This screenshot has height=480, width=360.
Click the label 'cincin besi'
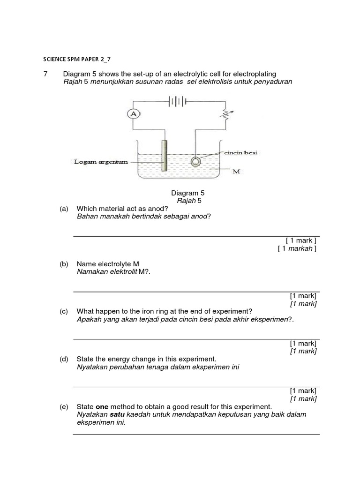pyautogui.click(x=241, y=153)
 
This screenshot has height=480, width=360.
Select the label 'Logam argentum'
pyautogui.click(x=100, y=162)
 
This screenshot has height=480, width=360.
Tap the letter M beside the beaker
pyautogui.click(x=236, y=172)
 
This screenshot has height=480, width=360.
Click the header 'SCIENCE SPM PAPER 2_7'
pyautogui.click(x=77, y=59)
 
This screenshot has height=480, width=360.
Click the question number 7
pyautogui.click(x=45, y=74)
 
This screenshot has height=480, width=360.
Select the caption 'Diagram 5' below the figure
pyautogui.click(x=187, y=193)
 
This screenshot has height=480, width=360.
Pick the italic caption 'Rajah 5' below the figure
pyautogui.click(x=188, y=201)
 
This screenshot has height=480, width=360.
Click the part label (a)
pyautogui.click(x=64, y=209)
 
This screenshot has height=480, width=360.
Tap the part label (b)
pyautogui.click(x=64, y=264)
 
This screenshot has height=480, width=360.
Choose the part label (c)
pyautogui.click(x=64, y=311)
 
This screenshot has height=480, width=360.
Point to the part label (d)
pyautogui.click(x=64, y=359)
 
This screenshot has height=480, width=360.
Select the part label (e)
pyautogui.click(x=64, y=406)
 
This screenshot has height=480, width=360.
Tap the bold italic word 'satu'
pyautogui.click(x=117, y=414)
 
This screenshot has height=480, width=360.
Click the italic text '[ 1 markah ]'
pyautogui.click(x=297, y=248)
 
